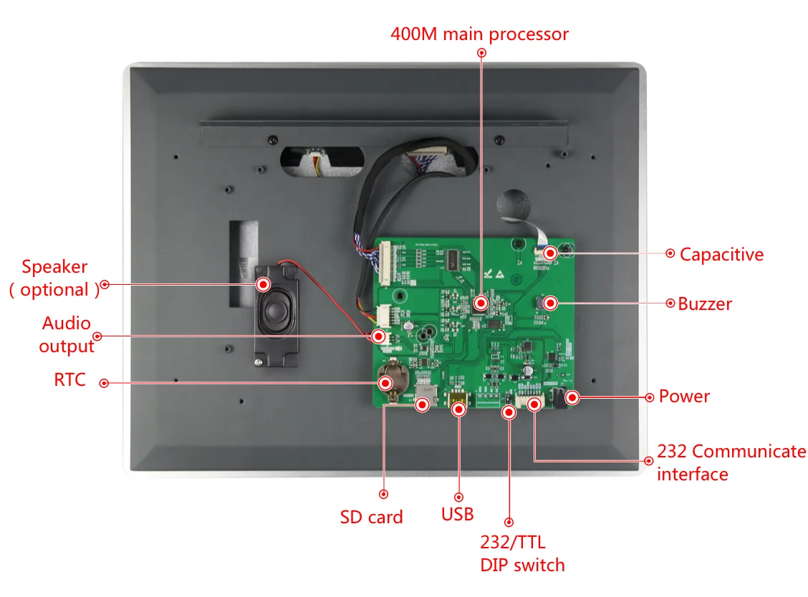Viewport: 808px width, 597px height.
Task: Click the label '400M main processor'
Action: (x=479, y=34)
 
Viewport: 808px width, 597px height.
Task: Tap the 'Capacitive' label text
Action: (x=721, y=254)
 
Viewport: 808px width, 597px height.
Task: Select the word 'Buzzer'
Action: (x=705, y=304)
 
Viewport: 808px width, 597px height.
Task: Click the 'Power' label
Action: (x=684, y=397)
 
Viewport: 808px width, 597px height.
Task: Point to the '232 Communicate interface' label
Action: (x=731, y=462)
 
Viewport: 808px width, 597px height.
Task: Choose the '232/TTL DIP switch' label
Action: (x=522, y=554)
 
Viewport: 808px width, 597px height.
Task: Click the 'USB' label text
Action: (x=458, y=514)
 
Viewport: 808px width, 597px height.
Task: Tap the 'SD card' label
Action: (x=371, y=517)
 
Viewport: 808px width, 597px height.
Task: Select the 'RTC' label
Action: (x=69, y=379)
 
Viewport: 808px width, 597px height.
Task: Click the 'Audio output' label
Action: (x=67, y=334)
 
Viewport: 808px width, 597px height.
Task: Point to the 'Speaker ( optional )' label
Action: (x=54, y=278)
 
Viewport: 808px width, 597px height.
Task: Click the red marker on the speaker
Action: (x=264, y=284)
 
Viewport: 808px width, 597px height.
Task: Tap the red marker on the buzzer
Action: (x=550, y=303)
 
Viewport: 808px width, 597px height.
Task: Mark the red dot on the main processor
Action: (x=481, y=303)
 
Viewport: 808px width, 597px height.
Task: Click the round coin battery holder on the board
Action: (x=390, y=377)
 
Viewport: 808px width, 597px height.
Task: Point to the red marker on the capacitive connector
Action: (x=550, y=253)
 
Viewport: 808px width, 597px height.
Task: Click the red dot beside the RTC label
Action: (x=104, y=383)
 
